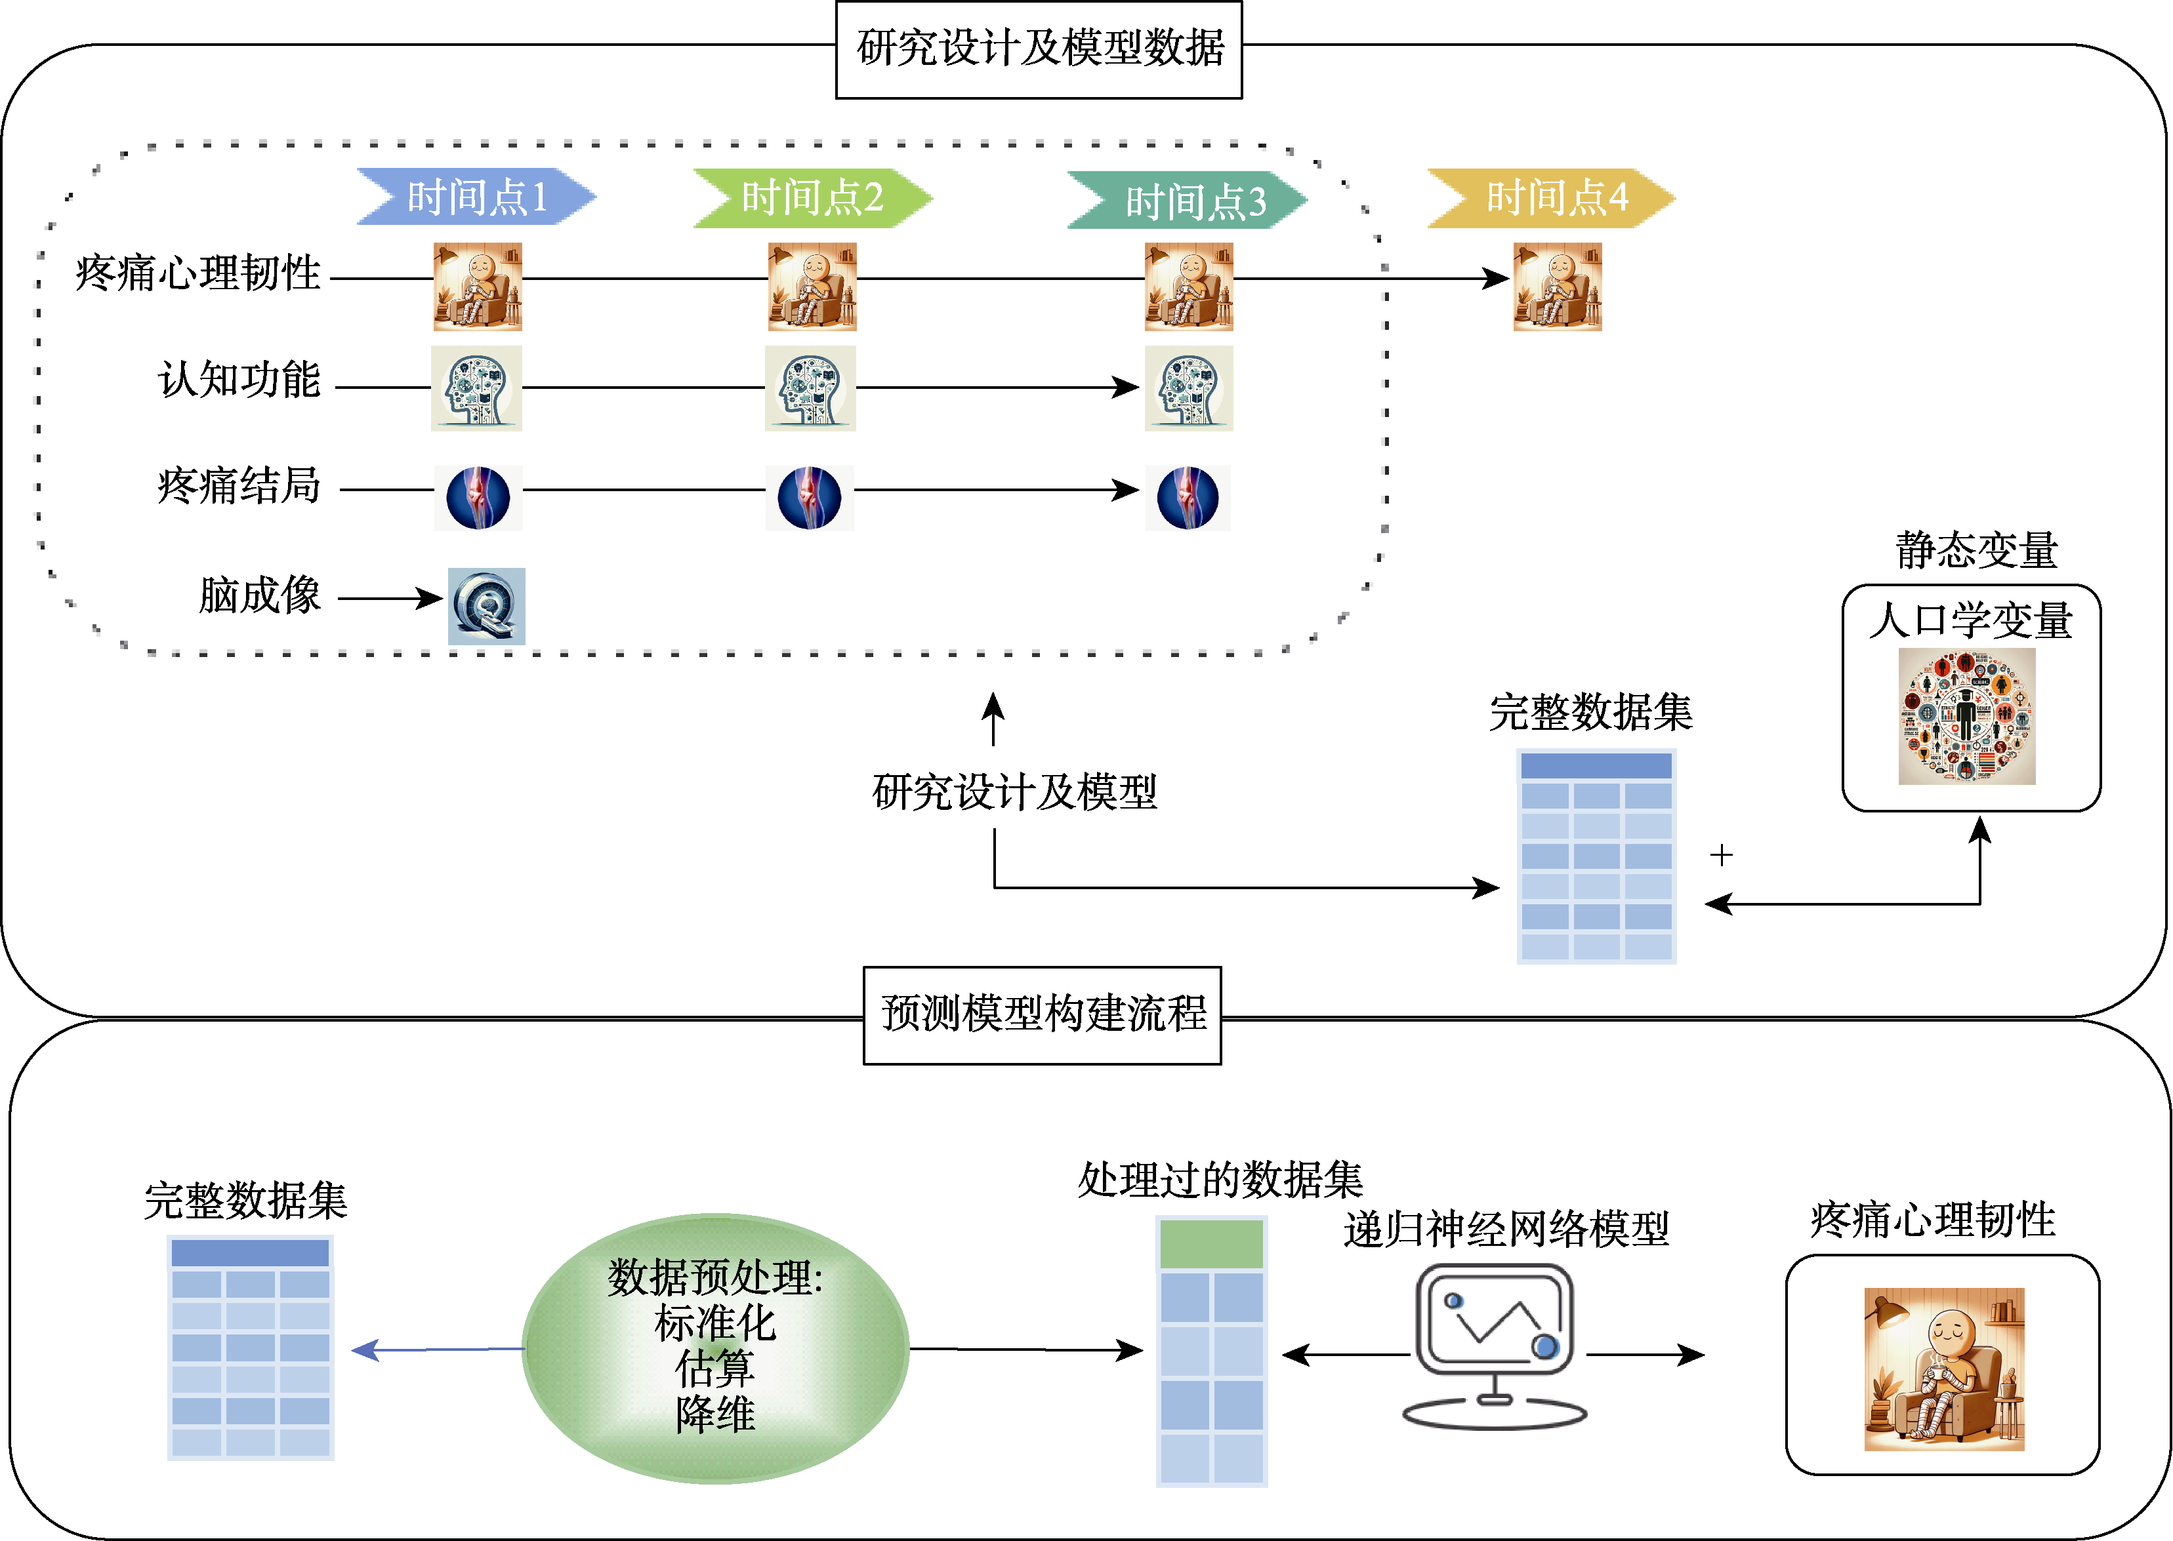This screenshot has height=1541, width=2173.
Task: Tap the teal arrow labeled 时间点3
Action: pos(1188,200)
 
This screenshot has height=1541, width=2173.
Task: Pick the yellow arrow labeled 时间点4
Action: pos(1552,197)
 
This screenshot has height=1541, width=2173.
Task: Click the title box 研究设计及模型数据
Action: pos(1039,49)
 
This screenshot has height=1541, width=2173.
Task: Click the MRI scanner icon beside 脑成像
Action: pos(486,607)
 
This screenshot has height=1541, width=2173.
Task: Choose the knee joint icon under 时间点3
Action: pos(1188,497)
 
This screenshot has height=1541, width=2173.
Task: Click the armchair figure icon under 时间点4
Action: pos(1558,287)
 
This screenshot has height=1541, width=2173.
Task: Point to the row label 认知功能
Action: pos(239,380)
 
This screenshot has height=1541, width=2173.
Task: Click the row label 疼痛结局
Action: pos(239,486)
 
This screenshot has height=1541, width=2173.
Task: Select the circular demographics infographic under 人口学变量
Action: pos(1967,717)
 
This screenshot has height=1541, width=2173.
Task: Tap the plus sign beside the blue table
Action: pos(1721,855)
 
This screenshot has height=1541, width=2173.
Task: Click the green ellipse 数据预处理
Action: pos(716,1348)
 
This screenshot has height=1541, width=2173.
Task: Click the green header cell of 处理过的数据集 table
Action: pos(1211,1244)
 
